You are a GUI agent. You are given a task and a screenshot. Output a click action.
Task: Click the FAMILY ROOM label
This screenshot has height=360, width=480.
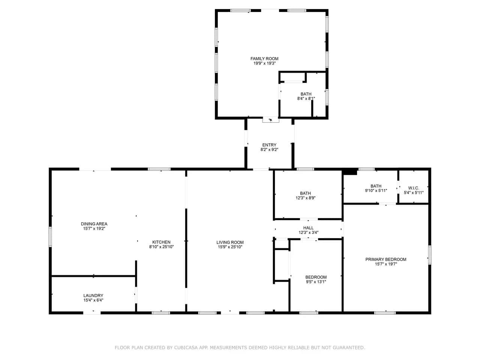(264, 58)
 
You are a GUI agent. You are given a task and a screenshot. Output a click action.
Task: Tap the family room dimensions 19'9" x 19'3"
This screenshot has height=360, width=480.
(264, 63)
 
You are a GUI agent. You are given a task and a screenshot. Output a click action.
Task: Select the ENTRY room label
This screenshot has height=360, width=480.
(269, 145)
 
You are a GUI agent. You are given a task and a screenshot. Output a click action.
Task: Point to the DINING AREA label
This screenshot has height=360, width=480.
(94, 224)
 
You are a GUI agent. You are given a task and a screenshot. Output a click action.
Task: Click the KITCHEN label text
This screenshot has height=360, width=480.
(161, 242)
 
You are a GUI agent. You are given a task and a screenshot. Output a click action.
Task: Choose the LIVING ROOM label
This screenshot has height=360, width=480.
(230, 242)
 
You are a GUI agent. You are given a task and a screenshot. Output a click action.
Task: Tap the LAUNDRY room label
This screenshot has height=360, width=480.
(93, 295)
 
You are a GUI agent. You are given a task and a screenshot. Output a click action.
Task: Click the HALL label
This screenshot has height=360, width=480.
(308, 228)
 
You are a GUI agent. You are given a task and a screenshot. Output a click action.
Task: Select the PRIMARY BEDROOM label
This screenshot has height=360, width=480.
(386, 259)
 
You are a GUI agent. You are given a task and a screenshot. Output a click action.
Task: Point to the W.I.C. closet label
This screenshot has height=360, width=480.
(414, 188)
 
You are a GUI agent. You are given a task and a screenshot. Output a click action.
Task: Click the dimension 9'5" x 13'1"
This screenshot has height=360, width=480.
(316, 282)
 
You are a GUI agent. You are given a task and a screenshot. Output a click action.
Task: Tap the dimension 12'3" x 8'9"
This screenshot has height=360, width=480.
(305, 198)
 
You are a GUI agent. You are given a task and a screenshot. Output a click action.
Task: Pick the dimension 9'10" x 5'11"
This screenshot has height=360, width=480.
(376, 190)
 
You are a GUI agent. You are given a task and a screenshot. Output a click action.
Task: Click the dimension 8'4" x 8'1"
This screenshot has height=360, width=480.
(306, 99)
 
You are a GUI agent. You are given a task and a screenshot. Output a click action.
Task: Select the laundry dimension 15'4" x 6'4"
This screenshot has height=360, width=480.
(93, 300)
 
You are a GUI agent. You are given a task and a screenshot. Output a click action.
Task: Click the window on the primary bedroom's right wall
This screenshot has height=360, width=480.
(429, 255)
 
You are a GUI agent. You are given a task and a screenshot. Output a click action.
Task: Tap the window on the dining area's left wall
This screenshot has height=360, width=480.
(50, 237)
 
